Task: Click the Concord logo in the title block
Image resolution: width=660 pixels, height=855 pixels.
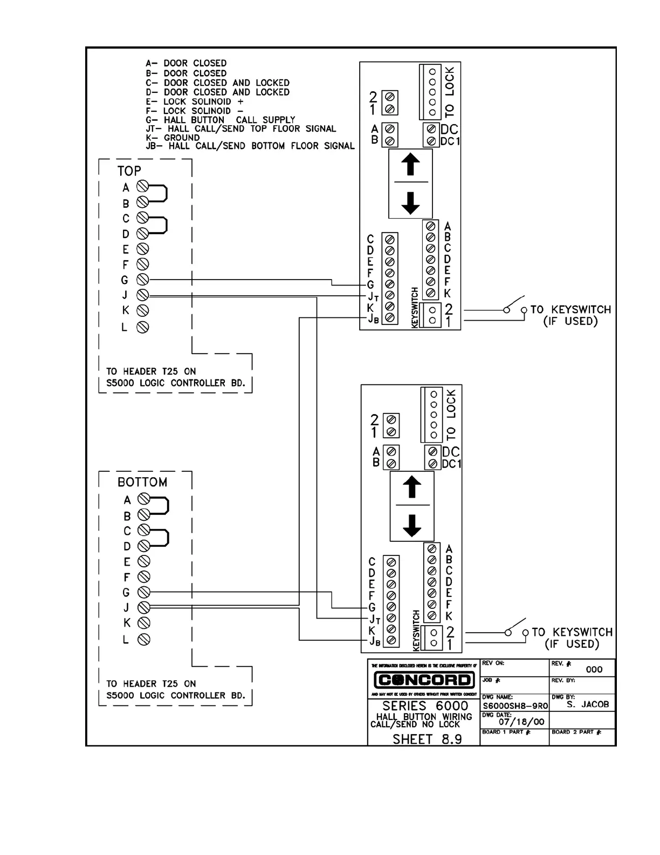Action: coord(424,680)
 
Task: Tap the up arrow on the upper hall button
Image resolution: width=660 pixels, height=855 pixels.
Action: coord(411,165)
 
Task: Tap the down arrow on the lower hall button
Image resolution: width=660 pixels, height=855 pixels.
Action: coord(412,525)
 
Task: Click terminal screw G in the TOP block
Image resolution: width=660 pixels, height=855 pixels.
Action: coord(142,280)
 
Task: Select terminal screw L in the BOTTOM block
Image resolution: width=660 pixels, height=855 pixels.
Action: coord(144,640)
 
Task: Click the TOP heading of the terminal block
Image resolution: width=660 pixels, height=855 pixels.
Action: coord(129,171)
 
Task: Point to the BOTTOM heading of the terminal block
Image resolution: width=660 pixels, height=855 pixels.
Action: coord(142,482)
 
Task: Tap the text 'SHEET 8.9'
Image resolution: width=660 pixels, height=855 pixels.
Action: coord(427,739)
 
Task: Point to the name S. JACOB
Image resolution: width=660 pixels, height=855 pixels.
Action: coord(588,704)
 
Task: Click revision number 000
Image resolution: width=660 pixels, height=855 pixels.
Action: coord(594,669)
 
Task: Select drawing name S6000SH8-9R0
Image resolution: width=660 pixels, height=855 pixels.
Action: coord(515,705)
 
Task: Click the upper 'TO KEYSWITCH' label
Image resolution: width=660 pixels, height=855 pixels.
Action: coord(570,310)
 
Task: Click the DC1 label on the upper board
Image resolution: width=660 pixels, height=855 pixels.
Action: coord(450,141)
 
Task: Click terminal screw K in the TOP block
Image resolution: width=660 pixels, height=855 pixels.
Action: coord(142,310)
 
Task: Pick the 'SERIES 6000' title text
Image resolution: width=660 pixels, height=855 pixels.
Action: coord(425,706)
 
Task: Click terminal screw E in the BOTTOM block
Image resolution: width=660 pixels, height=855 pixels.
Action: coord(144,561)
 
